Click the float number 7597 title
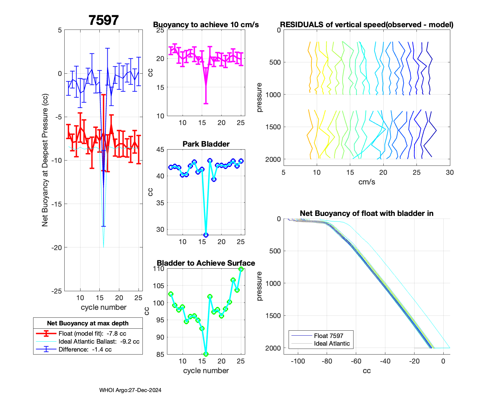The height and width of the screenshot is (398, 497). click(x=103, y=21)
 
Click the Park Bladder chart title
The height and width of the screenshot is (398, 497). click(x=206, y=144)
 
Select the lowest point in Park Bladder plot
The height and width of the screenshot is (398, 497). click(x=206, y=235)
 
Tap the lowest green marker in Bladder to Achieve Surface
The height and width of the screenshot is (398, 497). click(x=206, y=354)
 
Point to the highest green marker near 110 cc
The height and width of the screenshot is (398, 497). click(x=241, y=269)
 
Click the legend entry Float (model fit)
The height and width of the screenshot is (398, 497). click(x=92, y=334)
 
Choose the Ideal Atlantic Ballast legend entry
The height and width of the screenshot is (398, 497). click(x=99, y=342)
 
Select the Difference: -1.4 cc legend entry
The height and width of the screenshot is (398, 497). click(x=85, y=350)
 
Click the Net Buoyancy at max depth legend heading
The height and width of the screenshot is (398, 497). click(x=88, y=323)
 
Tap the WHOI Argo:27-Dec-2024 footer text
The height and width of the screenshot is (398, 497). click(x=130, y=390)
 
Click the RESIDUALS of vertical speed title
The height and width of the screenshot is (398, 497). click(x=366, y=25)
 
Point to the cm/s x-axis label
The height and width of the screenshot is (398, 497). click(x=366, y=182)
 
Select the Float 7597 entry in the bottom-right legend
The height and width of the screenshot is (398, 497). click(x=328, y=336)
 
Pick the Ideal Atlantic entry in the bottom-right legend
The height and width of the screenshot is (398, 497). click(x=332, y=344)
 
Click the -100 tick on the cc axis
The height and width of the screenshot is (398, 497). click(x=298, y=361)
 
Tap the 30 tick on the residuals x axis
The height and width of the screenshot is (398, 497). click(x=449, y=172)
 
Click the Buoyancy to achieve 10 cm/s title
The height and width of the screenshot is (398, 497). click(x=206, y=25)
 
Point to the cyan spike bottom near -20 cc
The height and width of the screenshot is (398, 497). click(x=104, y=247)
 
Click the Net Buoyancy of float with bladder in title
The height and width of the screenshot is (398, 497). click(x=366, y=214)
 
